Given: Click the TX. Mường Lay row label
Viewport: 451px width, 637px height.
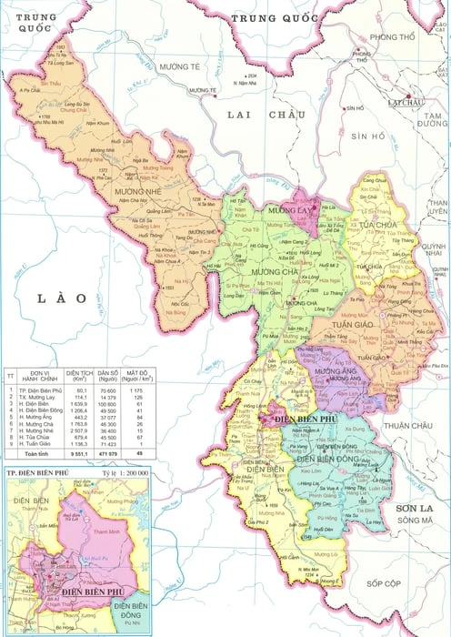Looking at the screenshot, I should coord(39,397).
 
